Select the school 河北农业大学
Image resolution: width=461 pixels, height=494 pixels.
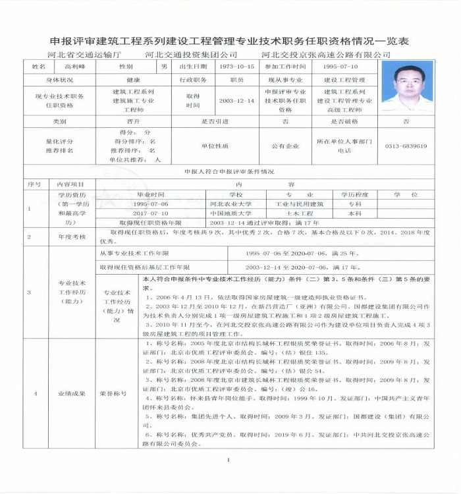[x=230, y=204]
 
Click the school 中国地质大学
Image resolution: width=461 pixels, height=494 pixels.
[x=230, y=213]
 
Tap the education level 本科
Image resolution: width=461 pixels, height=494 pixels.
[x=355, y=213]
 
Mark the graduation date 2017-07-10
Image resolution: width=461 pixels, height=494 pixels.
[x=150, y=213]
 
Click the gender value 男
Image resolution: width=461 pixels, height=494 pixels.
[x=164, y=67]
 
